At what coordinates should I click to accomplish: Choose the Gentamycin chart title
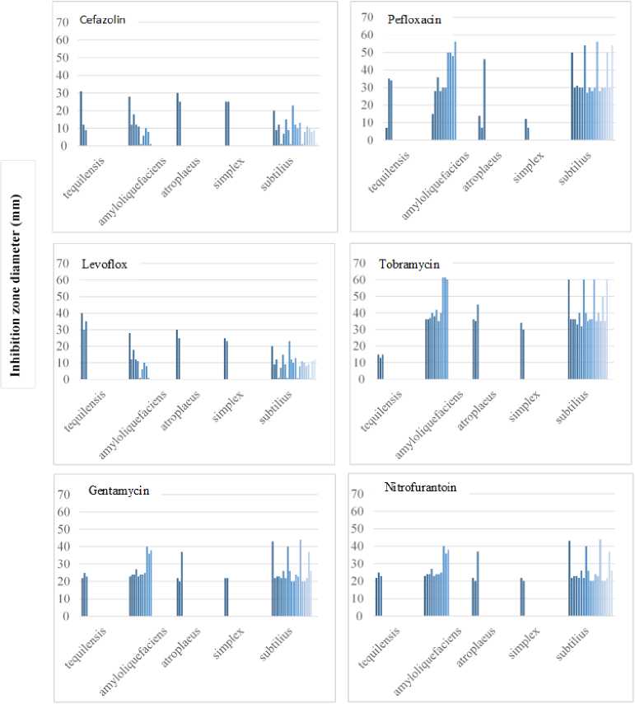pyautogui.click(x=119, y=491)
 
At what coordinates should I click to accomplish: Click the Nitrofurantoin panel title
pyautogui.click(x=416, y=488)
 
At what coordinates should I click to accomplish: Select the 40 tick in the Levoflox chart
pyautogui.click(x=63, y=314)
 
